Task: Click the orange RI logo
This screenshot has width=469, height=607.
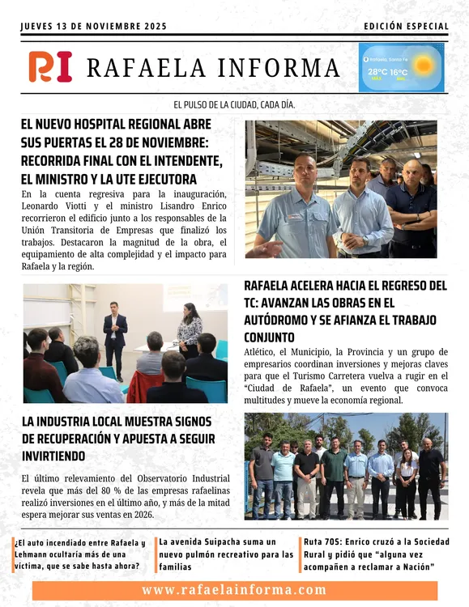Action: click(x=50, y=66)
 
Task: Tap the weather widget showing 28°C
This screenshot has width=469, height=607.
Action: click(x=401, y=67)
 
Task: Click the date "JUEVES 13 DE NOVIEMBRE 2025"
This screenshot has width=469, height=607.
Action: click(x=93, y=26)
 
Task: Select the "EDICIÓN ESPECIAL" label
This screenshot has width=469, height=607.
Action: click(x=406, y=26)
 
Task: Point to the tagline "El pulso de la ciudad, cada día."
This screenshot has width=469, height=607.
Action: click(x=234, y=105)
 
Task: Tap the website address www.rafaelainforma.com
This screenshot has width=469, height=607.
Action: click(x=234, y=590)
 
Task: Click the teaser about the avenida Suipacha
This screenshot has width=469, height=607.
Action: click(x=227, y=554)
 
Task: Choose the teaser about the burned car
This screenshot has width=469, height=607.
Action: click(x=79, y=554)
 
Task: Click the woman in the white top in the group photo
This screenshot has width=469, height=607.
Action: click(x=407, y=478)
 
